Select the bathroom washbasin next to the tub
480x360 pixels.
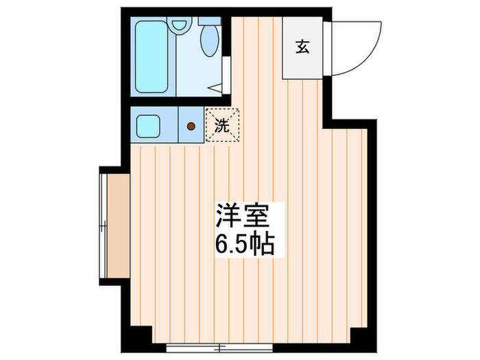[x=180, y=26]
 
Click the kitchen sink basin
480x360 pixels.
[x=148, y=126]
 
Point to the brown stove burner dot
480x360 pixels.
[x=191, y=126]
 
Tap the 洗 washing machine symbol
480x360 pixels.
[x=221, y=125]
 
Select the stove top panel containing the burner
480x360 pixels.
[x=191, y=126]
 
